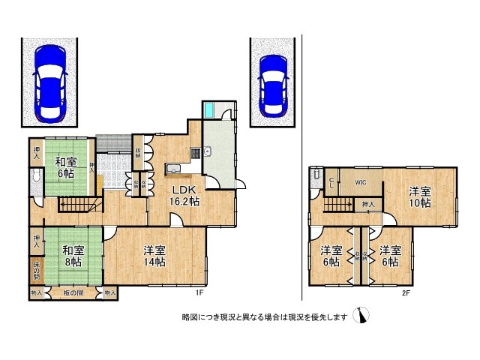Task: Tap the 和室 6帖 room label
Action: pos(65,166)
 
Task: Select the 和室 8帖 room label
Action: pos(72,256)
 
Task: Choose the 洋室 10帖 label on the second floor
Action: pos(420,196)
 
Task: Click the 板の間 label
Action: pos(73,293)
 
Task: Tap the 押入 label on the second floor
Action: pos(367,203)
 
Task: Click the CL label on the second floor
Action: pos(331,182)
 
